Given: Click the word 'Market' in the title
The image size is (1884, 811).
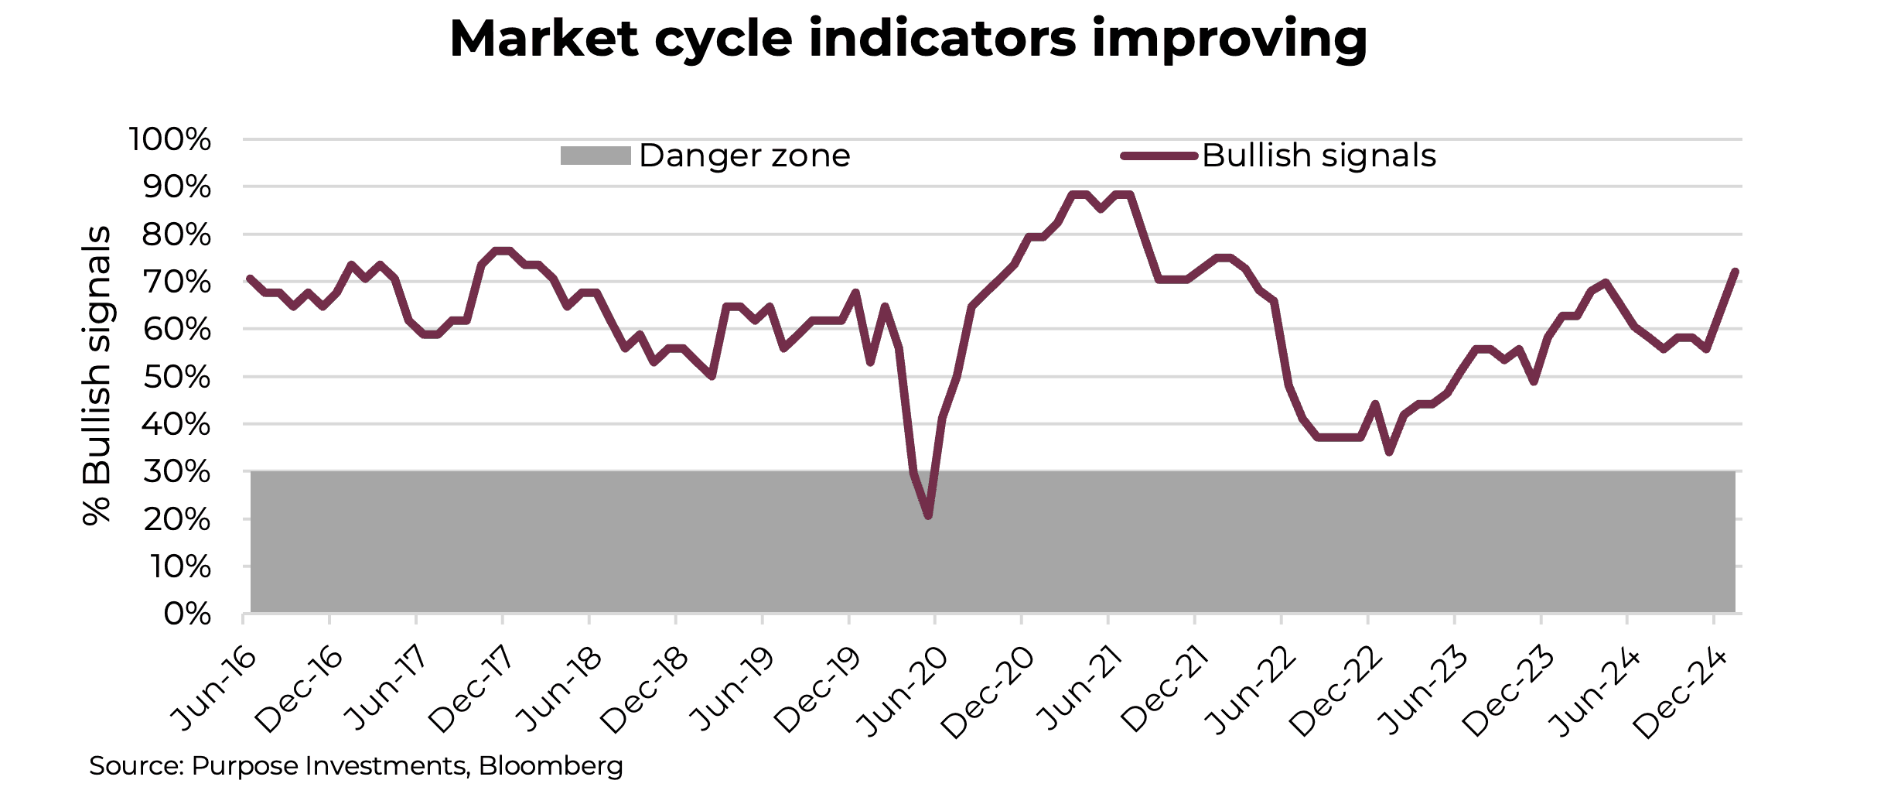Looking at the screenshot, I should coord(544,39).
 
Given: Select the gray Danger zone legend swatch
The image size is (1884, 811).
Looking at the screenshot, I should coord(595,156).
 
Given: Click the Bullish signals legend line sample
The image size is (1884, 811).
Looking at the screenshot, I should coord(1159,156).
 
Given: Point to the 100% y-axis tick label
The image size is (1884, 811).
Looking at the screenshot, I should coord(169,140).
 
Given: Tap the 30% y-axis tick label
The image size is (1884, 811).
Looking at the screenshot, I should coord(176,471).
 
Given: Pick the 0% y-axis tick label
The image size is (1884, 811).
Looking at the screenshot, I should coord(186,614).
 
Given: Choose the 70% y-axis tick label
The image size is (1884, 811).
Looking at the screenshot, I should coord(176,282).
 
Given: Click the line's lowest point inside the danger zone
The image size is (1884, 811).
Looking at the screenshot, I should coord(928,515).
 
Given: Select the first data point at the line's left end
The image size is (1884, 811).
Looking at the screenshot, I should coord(250,278).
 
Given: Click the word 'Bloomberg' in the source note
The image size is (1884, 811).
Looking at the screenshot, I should coord(551,766).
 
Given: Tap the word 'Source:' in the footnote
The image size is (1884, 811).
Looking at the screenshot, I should coord(136,766).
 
